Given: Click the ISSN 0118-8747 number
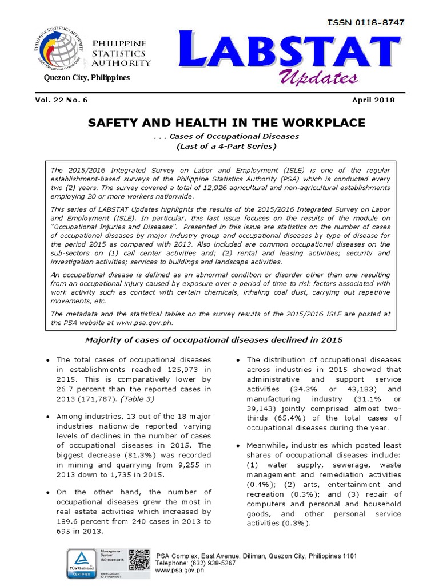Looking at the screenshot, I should [365, 22].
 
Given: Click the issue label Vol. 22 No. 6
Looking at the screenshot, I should [62, 100].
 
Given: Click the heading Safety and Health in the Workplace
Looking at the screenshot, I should [226, 123].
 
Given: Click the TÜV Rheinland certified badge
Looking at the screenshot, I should [82, 563].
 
